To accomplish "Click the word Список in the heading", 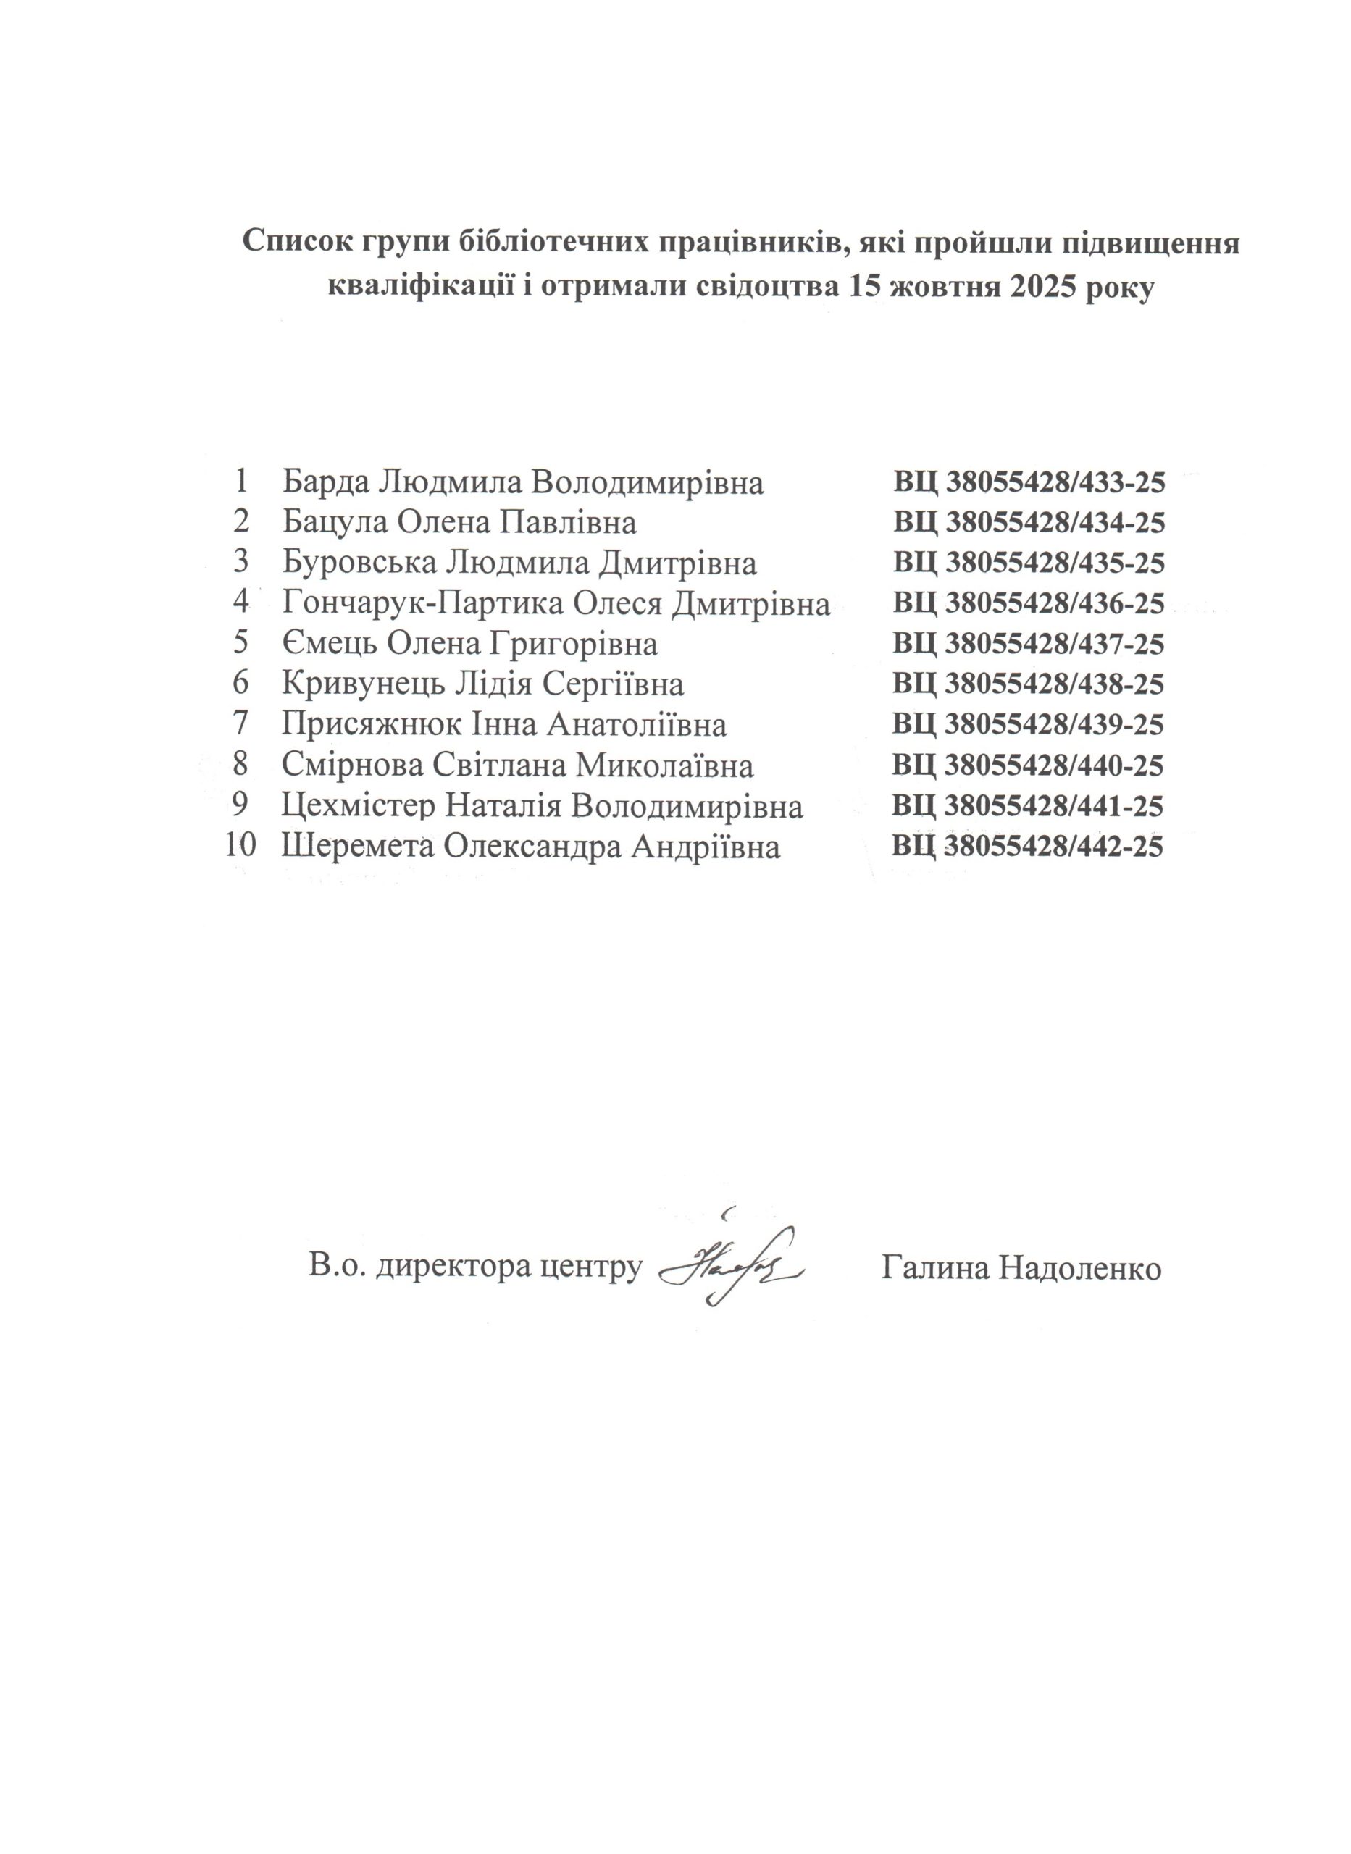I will tap(290, 243).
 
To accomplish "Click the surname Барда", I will tap(325, 482).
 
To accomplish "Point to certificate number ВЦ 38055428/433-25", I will tap(1029, 482).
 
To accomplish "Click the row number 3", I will tap(240, 563).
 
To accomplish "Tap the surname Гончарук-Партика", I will tap(423, 603).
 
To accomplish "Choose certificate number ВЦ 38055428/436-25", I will tap(1029, 603).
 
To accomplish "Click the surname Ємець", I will tap(330, 644).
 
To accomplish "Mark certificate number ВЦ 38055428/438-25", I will tap(1028, 684).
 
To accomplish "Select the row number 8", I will tap(240, 766).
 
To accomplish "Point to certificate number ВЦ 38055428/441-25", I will tap(1028, 807).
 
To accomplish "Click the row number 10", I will tap(240, 846).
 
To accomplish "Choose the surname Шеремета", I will tap(356, 847).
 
